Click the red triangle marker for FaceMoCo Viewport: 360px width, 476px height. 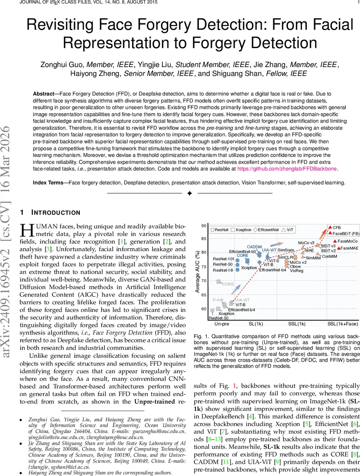click(335, 241)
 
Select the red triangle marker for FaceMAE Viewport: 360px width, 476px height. click(338, 248)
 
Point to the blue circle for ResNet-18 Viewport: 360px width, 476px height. click(237, 270)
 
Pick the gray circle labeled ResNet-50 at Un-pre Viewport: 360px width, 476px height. click(212, 311)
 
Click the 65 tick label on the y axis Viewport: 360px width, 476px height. click(204, 295)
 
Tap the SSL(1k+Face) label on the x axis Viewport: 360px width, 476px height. click(343, 324)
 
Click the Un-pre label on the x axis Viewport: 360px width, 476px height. click(221, 324)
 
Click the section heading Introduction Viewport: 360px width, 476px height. click(55, 213)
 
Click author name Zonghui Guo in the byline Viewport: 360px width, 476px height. click(63, 65)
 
